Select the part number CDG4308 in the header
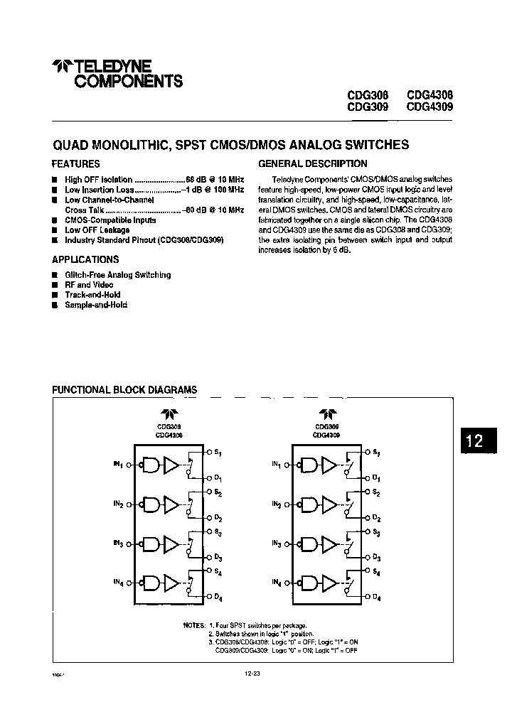tap(430, 95)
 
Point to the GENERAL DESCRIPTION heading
tap(313, 163)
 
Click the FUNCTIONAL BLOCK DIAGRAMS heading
tap(126, 389)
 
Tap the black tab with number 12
tap(474, 440)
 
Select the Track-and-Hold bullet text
tap(92, 294)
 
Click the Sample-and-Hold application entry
tap(96, 304)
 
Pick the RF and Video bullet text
tap(89, 284)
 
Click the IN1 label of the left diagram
tap(117, 464)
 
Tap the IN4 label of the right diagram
tap(276, 583)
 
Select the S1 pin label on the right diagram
tap(376, 453)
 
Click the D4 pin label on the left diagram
tap(218, 597)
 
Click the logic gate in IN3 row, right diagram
tap(308, 544)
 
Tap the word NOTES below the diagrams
tap(193, 625)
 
